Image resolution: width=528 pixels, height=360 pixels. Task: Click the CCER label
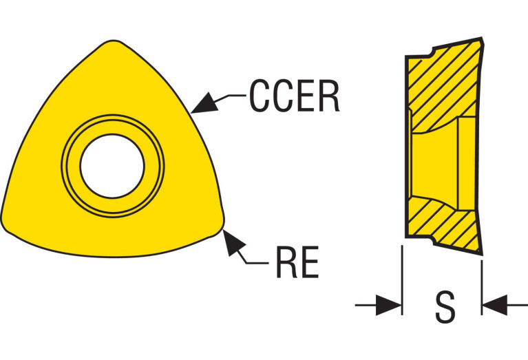[x=294, y=97]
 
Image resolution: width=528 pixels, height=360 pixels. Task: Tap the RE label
[x=297, y=262]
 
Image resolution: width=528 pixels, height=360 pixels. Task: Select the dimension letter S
[x=445, y=307]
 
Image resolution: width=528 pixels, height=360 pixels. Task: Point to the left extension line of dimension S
[x=401, y=279]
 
